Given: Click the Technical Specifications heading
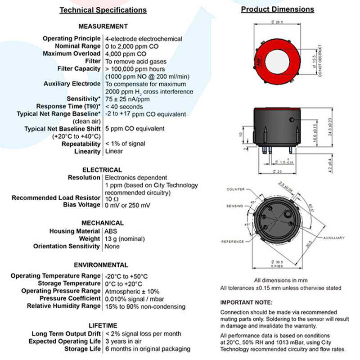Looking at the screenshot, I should click(x=103, y=10).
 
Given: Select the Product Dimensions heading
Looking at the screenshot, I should click(x=277, y=9).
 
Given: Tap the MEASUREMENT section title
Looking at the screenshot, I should click(x=103, y=27).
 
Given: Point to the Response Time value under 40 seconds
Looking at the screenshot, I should click(x=124, y=107).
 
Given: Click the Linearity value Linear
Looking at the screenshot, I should click(x=114, y=152).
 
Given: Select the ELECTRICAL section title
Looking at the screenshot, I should click(x=102, y=170).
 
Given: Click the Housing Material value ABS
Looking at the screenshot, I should click(x=111, y=231).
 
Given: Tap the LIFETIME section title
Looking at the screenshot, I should click(x=103, y=325).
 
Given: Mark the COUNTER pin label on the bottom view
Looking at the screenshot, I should click(x=236, y=190).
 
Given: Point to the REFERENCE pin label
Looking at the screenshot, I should click(x=232, y=241).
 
